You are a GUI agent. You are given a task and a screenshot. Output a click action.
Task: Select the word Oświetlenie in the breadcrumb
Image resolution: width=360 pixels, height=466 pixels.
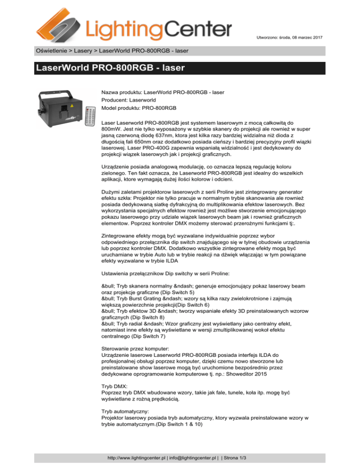pyautogui.click(x=54, y=50)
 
